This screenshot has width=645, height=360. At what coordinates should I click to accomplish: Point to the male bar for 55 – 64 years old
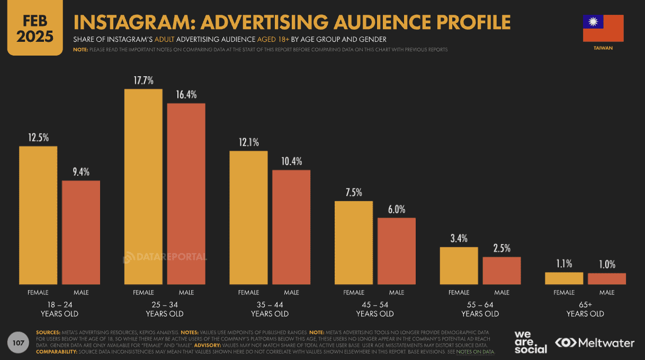pyautogui.click(x=501, y=271)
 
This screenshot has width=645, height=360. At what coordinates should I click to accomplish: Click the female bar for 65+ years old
pyautogui.click(x=564, y=278)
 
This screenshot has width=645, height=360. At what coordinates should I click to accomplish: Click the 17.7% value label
pyautogui.click(x=144, y=80)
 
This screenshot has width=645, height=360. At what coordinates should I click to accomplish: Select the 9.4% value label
pyautogui.click(x=81, y=172)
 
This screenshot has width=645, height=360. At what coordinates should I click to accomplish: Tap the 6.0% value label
pyautogui.click(x=397, y=209)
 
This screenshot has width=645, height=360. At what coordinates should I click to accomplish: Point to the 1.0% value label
pyautogui.click(x=607, y=264)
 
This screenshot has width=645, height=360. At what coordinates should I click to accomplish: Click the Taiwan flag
pyautogui.click(x=603, y=28)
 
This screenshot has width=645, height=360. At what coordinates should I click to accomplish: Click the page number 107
pyautogui.click(x=19, y=344)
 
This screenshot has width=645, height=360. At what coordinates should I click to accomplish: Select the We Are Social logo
pyautogui.click(x=530, y=342)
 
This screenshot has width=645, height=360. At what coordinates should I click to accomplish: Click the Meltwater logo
pyautogui.click(x=594, y=343)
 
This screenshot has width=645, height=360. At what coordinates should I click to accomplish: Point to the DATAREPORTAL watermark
pyautogui.click(x=165, y=258)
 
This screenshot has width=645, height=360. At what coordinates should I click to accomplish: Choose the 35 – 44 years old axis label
pyautogui.click(x=270, y=309)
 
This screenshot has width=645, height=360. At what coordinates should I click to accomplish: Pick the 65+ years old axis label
pyautogui.click(x=585, y=309)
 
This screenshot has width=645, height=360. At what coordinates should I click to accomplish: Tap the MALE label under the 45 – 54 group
pyautogui.click(x=397, y=292)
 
